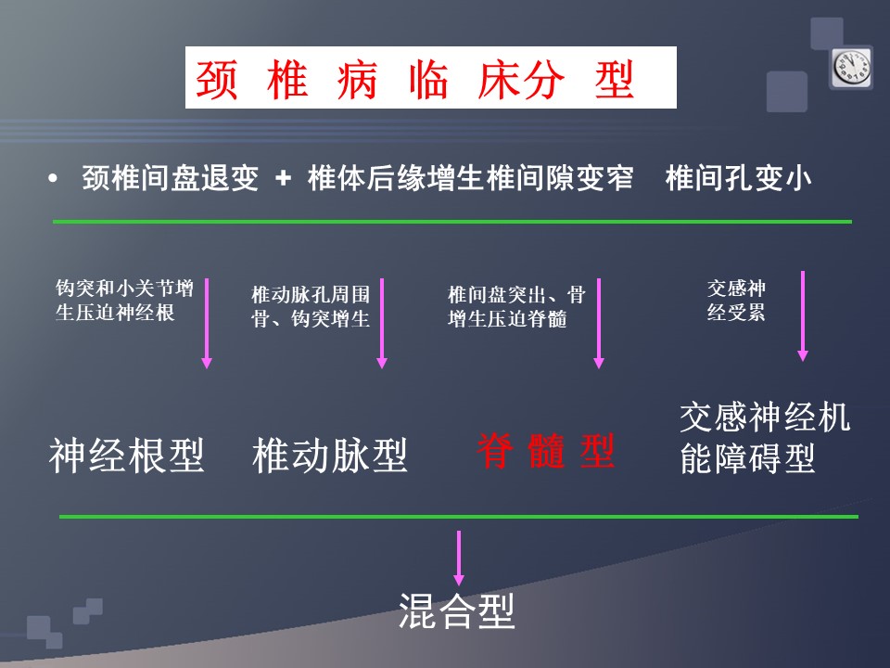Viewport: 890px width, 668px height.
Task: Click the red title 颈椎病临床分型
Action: point(414,80)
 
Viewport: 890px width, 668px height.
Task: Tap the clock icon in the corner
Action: point(851,67)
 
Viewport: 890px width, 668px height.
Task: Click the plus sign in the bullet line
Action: point(283,178)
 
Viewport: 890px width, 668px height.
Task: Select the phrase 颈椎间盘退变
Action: point(171,178)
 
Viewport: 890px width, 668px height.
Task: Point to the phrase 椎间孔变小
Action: point(738,178)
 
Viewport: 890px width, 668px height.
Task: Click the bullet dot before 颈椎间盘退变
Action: point(53,178)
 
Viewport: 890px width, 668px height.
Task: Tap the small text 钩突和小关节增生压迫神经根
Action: point(124,300)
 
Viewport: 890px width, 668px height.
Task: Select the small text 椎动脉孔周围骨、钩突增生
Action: point(311,307)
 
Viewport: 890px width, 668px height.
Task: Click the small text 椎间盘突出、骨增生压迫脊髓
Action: point(516,307)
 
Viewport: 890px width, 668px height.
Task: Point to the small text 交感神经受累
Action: point(736,300)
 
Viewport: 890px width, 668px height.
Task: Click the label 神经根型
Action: point(126,456)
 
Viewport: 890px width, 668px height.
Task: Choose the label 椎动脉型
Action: point(330,456)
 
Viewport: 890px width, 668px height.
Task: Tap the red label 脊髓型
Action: point(545,451)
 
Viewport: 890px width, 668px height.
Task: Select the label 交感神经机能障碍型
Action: point(765,437)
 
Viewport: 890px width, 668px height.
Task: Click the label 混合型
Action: point(457,610)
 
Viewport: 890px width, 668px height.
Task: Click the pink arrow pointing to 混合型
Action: point(459,559)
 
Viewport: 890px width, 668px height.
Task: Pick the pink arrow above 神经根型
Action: point(207,324)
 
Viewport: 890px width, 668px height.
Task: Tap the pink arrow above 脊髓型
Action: point(598,324)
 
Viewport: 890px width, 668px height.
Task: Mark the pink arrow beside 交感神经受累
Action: point(803,316)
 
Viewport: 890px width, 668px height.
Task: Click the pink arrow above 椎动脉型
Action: point(382,324)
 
